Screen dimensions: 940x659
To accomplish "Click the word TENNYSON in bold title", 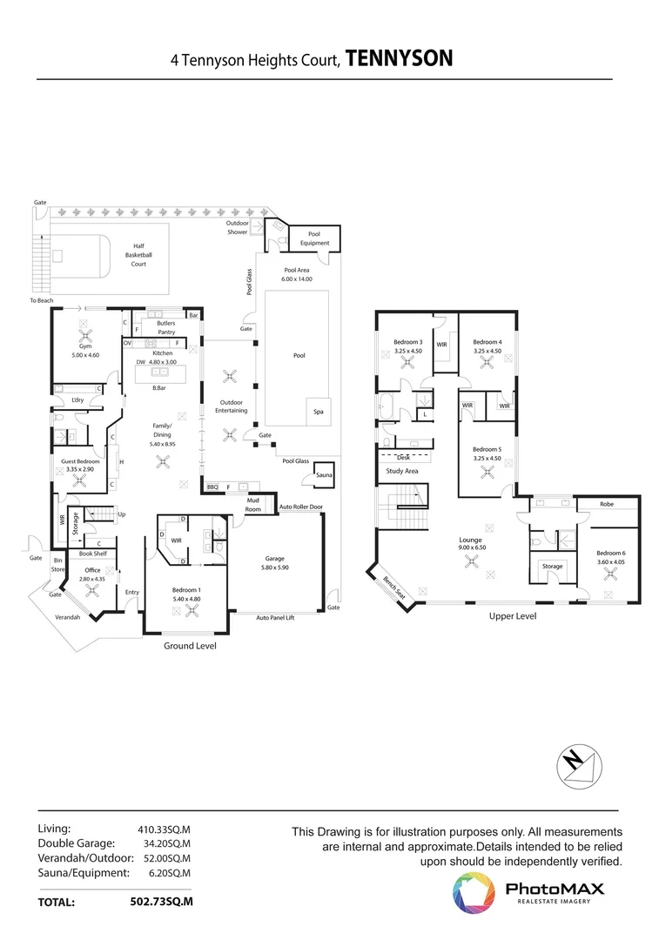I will [400, 59].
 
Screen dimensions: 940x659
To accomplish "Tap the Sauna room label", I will [325, 475].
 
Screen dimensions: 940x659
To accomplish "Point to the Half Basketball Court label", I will [138, 255].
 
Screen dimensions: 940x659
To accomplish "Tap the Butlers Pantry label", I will [165, 327].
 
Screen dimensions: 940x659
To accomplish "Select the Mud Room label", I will [252, 506].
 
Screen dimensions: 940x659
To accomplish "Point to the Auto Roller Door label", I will [300, 507].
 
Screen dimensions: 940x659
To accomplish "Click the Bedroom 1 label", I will [188, 589].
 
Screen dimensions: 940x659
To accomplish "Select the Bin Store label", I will [58, 565].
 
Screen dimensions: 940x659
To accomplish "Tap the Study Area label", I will [402, 471].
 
